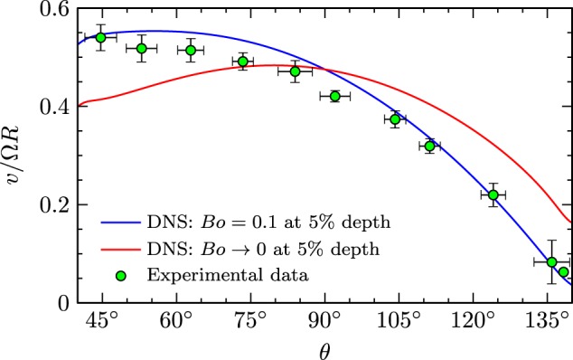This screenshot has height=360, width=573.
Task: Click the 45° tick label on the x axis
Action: coord(102,320)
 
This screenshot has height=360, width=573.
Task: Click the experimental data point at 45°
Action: coord(101,37)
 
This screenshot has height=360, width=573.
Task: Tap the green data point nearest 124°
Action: coord(493,194)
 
